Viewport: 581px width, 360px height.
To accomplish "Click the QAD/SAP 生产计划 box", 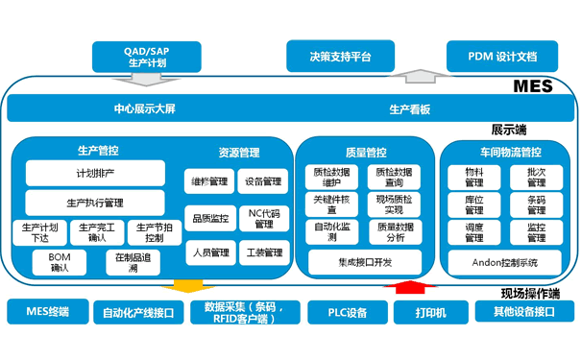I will coord(147,55).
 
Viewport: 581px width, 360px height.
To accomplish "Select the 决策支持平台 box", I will coord(341,55).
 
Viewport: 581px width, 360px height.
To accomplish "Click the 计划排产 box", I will coord(99,174).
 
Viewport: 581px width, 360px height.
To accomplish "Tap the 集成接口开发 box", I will coord(364,261).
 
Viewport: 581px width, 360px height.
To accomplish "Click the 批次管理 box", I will coord(536,177).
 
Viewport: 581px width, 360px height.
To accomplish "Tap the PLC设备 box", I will coord(343,311).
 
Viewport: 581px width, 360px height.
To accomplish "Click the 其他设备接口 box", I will coord(523,311).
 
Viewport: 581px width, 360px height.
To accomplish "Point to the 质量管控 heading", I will coord(364,151).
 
